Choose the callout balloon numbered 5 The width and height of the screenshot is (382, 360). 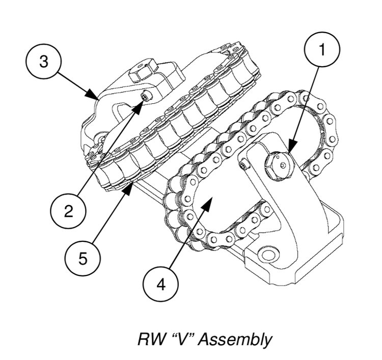point(83,259)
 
